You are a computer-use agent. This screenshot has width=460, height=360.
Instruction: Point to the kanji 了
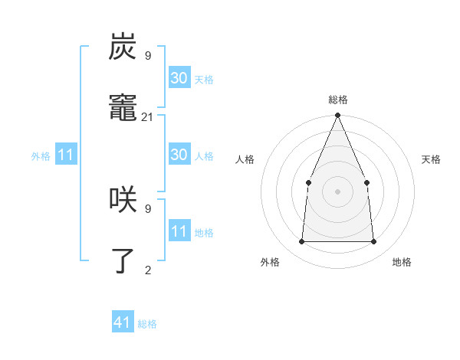click(x=123, y=260)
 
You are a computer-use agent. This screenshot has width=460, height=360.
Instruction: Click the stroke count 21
click(x=148, y=116)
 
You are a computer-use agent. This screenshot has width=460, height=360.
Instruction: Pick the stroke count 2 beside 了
click(x=148, y=270)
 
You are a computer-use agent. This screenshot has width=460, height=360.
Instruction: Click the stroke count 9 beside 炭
click(x=148, y=55)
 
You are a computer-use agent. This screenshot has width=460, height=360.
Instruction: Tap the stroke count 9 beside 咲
click(x=148, y=208)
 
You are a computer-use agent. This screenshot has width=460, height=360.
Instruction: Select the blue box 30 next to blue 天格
click(x=179, y=78)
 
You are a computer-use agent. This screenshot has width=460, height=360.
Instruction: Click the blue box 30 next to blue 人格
click(x=179, y=155)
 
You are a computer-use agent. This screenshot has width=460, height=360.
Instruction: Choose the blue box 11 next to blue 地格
click(x=179, y=231)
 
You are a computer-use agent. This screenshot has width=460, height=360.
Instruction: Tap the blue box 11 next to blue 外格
click(x=66, y=155)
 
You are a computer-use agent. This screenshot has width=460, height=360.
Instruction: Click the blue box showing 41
click(x=123, y=322)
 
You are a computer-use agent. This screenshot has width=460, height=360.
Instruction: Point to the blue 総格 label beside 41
click(x=147, y=324)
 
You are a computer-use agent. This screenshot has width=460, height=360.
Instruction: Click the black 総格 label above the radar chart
click(x=337, y=100)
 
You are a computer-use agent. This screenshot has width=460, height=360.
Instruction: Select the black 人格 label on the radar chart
click(x=245, y=159)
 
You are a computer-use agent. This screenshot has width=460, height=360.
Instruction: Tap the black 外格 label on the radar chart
click(x=269, y=262)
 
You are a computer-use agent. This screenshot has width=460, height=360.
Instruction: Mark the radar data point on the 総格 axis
click(x=337, y=116)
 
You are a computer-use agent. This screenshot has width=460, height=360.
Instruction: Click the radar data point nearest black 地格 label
click(x=373, y=241)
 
